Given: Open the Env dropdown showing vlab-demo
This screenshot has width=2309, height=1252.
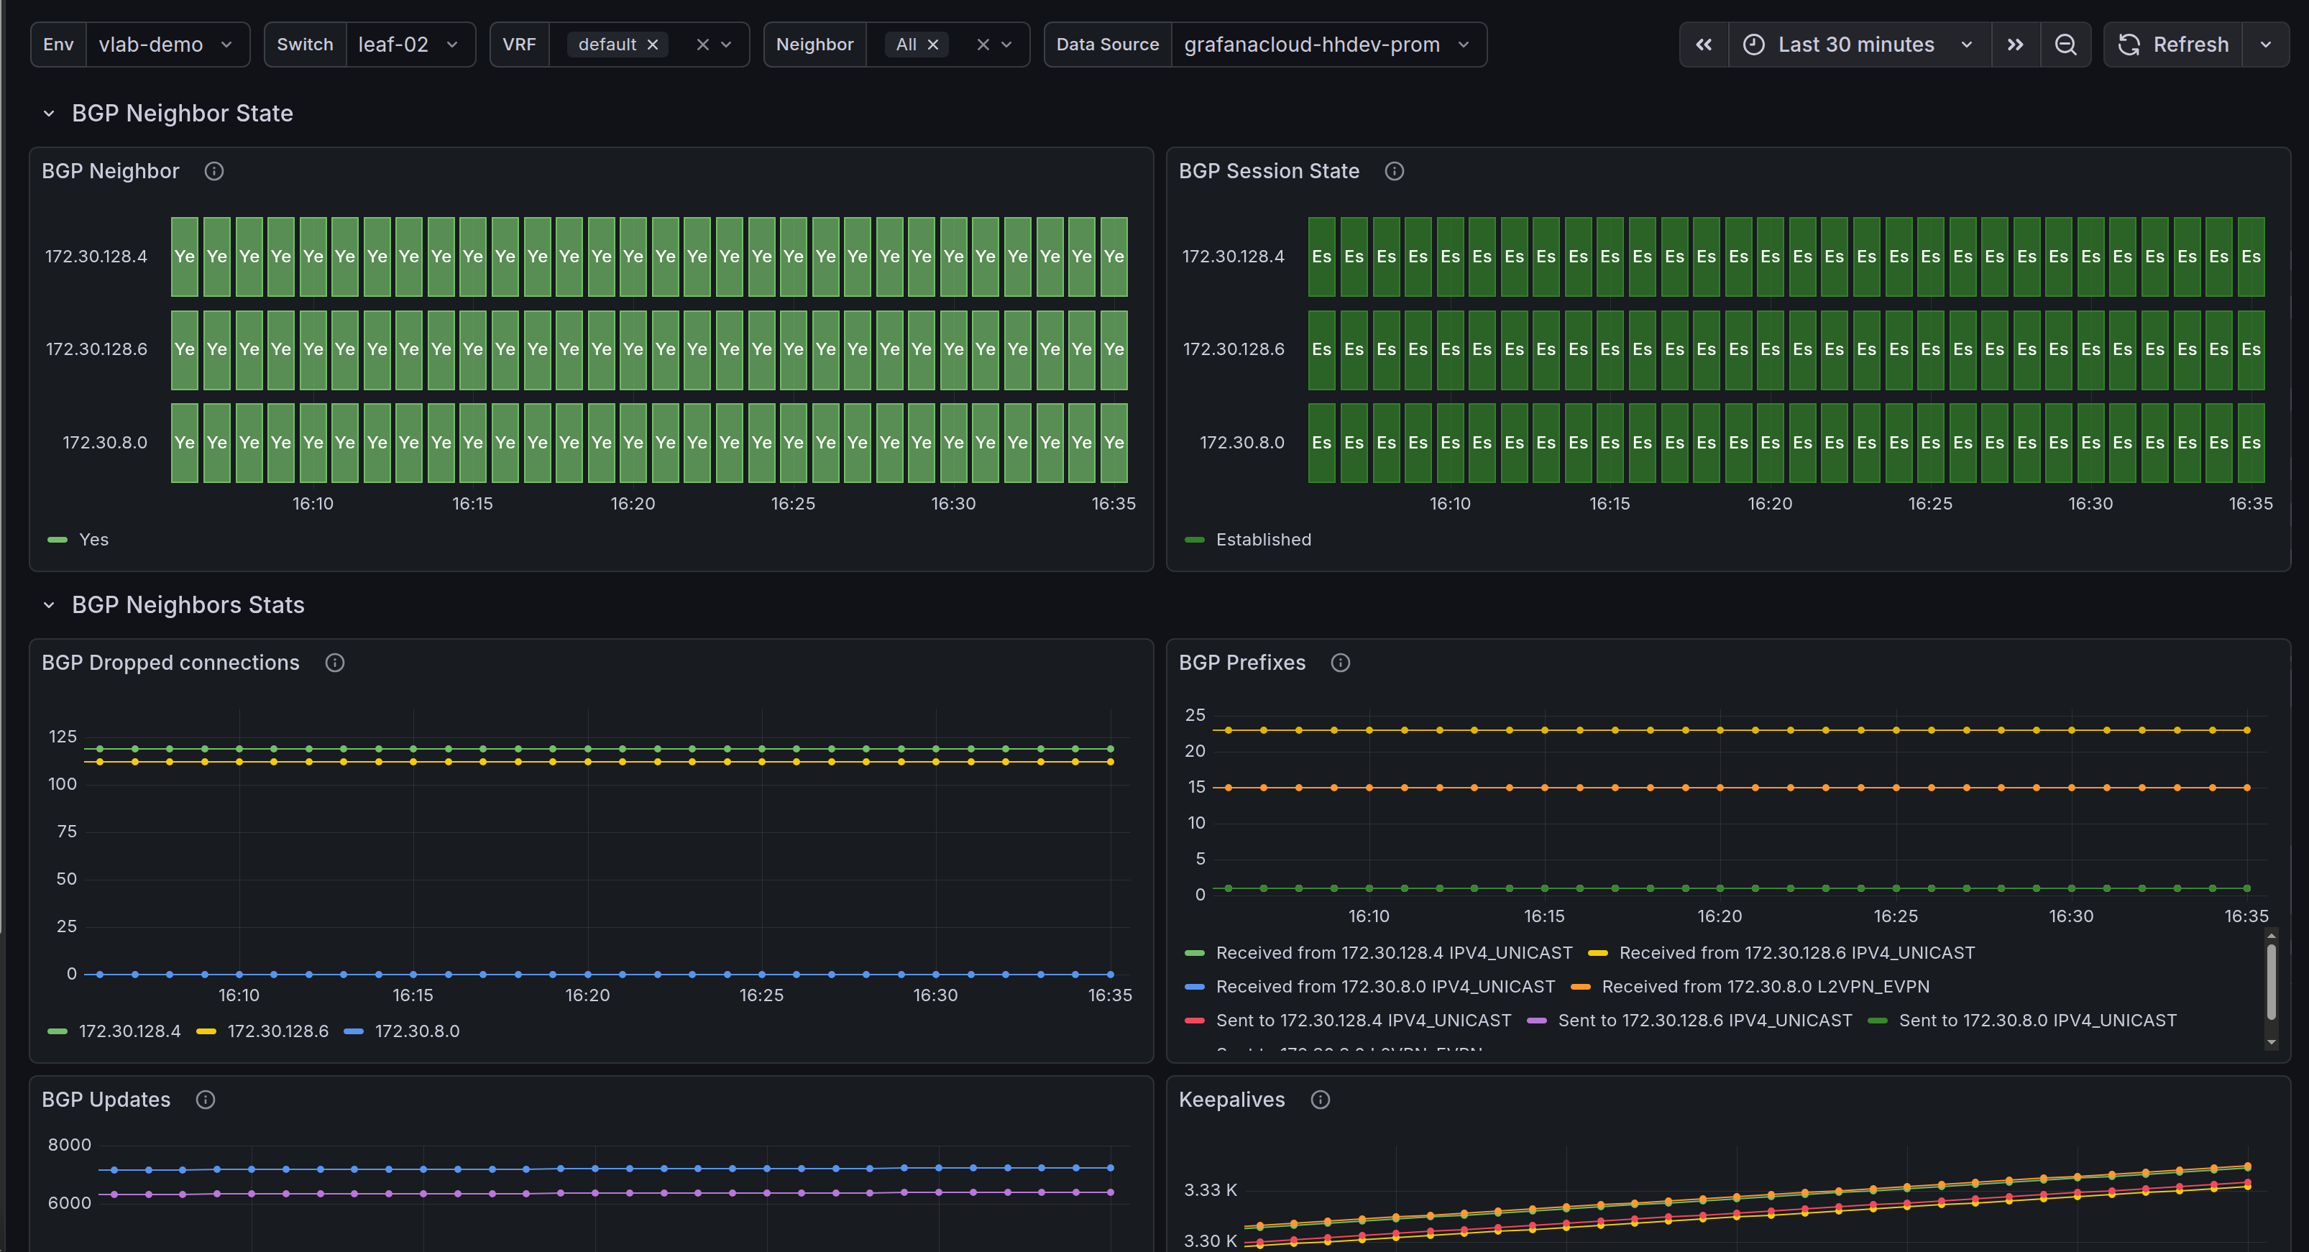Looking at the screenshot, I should (x=165, y=45).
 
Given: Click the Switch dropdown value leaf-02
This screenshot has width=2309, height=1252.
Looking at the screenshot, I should (x=408, y=45).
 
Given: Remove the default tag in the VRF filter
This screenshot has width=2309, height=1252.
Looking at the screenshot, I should (x=653, y=45).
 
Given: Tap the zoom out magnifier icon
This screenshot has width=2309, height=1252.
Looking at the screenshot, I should (x=2065, y=45).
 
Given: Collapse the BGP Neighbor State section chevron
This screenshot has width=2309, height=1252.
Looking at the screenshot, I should (x=50, y=114).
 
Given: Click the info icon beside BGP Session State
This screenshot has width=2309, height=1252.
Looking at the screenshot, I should (x=1394, y=171).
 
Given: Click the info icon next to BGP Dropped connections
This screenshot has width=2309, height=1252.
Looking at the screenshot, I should (x=334, y=663).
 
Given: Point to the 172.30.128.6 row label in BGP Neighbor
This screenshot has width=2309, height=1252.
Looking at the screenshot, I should (x=97, y=349).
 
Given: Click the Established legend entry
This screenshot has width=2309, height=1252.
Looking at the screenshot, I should (x=1262, y=540).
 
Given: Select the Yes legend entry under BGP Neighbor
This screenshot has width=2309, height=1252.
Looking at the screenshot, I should (x=93, y=540).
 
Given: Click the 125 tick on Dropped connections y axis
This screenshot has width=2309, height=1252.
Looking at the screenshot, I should (x=63, y=737).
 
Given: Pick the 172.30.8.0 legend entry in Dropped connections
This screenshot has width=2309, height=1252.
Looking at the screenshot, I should (x=416, y=1031).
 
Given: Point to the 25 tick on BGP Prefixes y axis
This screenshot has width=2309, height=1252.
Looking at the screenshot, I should (x=1195, y=715).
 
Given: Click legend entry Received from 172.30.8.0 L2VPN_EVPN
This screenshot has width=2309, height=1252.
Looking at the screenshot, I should (x=1764, y=987).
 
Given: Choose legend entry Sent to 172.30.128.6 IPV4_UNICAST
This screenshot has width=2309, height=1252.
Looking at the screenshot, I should (x=1704, y=1021).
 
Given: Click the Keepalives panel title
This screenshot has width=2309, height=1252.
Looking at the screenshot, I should (x=1231, y=1100).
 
